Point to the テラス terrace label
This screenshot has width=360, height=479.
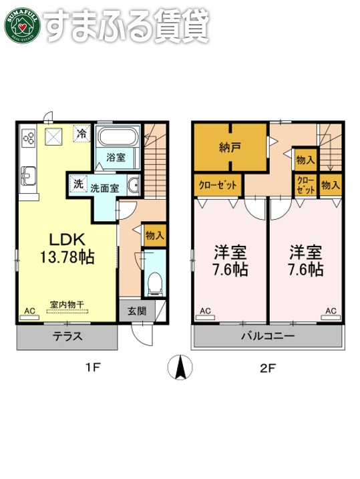click(67, 337)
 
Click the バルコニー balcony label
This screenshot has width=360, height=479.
click(268, 337)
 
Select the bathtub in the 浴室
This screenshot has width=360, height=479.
click(117, 140)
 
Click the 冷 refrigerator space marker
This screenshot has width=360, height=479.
click(81, 134)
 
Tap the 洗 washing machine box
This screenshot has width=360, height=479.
click(77, 184)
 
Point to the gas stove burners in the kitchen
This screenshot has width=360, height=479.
click(29, 138)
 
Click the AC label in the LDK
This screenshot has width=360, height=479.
click(29, 311)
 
